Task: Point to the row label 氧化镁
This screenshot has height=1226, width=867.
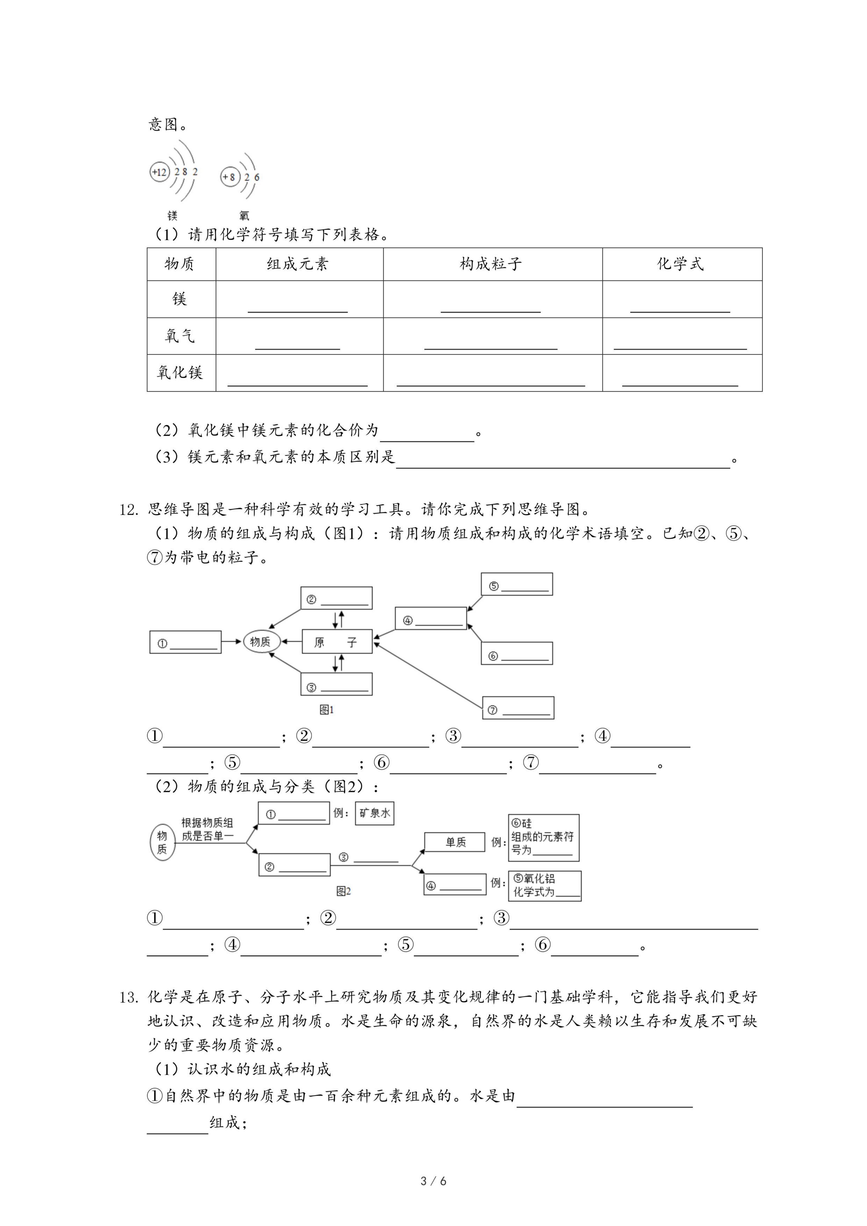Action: tap(180, 373)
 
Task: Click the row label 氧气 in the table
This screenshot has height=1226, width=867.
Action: tap(180, 336)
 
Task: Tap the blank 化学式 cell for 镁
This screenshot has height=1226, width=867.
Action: tap(682, 299)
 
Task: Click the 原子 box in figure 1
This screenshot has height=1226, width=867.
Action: tap(337, 642)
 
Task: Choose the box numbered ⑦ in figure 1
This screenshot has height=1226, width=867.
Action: tap(518, 708)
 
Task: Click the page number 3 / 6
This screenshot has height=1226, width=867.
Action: tap(433, 1196)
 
